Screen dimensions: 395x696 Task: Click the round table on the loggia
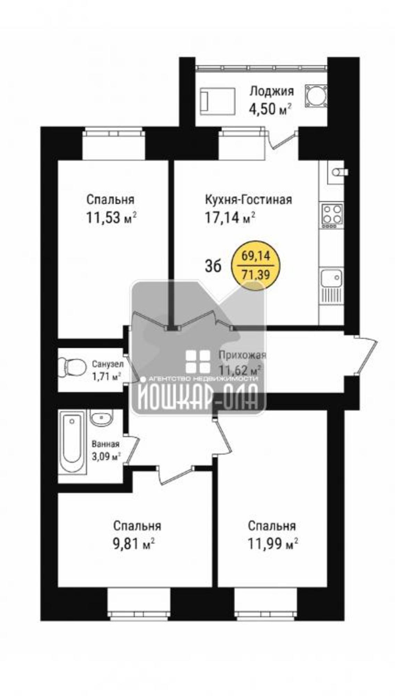316,95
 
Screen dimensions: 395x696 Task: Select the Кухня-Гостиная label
248,200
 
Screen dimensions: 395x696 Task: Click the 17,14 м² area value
230,218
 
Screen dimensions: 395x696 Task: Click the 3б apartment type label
213,267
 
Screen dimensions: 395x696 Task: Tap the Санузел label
108,364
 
